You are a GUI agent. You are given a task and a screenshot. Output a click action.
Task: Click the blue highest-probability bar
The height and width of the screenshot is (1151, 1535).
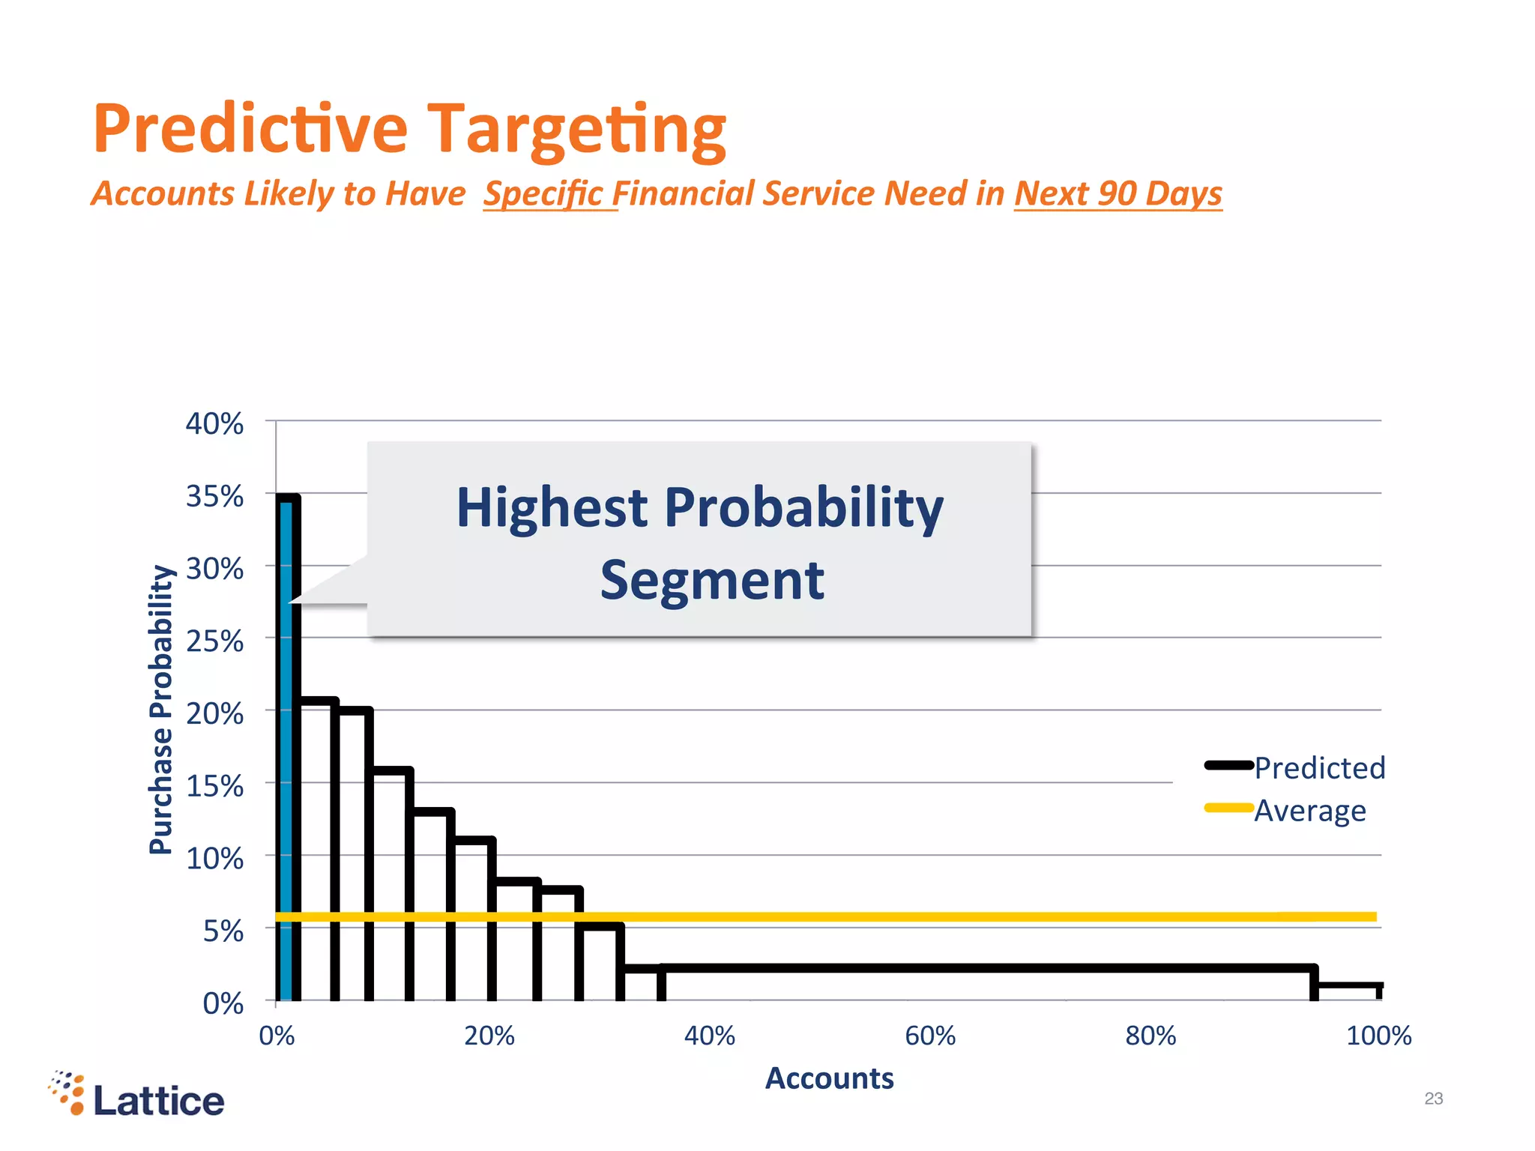(x=286, y=749)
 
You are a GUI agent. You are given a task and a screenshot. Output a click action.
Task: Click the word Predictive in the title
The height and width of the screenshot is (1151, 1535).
(x=250, y=129)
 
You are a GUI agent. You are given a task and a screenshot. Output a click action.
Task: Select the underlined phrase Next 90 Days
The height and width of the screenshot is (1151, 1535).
(x=1118, y=193)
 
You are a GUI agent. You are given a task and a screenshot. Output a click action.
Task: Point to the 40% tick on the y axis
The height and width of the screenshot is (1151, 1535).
(x=214, y=424)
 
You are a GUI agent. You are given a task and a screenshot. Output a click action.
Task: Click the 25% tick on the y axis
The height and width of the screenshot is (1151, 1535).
(x=214, y=641)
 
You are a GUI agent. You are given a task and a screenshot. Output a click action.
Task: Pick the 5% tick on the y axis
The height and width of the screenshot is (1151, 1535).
(x=223, y=931)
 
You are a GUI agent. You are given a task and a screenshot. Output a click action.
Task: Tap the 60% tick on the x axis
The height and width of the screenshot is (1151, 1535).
(x=930, y=1036)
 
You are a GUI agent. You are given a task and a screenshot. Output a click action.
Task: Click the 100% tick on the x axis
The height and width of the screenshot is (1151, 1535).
(x=1378, y=1036)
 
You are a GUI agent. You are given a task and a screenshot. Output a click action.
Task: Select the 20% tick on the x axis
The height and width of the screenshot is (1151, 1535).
(x=489, y=1036)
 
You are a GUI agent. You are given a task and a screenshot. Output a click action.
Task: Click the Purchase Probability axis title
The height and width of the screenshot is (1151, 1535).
(x=161, y=709)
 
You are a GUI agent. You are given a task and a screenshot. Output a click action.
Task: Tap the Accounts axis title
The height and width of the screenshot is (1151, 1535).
(x=829, y=1078)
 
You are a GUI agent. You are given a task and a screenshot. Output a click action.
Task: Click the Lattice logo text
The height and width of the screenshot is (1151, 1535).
(x=159, y=1101)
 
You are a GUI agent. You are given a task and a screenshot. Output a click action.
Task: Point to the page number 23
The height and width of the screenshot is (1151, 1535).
(x=1433, y=1099)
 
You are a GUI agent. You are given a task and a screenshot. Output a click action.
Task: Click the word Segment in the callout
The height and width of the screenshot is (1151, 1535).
(x=712, y=581)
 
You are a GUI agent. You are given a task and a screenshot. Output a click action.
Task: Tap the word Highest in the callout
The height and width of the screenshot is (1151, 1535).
(x=552, y=508)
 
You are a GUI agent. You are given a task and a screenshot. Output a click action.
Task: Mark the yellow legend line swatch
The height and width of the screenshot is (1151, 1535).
(x=1228, y=808)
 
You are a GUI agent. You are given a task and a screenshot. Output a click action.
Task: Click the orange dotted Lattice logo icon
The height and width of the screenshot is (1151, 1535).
(x=68, y=1093)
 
